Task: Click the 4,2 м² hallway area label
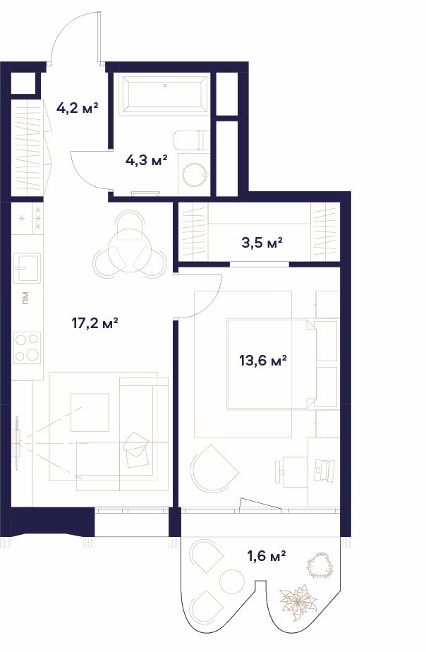tap(78, 109)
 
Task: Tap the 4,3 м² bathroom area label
tap(146, 159)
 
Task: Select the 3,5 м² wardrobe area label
tap(262, 243)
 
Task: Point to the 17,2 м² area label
tap(96, 322)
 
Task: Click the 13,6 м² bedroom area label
tap(263, 360)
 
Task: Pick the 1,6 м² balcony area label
tap(267, 555)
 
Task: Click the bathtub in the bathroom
tap(164, 95)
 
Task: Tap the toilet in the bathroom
tap(192, 140)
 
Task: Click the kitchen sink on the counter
tap(28, 268)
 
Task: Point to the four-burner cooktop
tap(27, 348)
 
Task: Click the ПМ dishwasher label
tap(26, 298)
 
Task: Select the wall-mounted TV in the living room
tap(17, 443)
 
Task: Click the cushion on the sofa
tap(137, 449)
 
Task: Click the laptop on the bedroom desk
tap(324, 471)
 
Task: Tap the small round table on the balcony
tap(232, 581)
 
